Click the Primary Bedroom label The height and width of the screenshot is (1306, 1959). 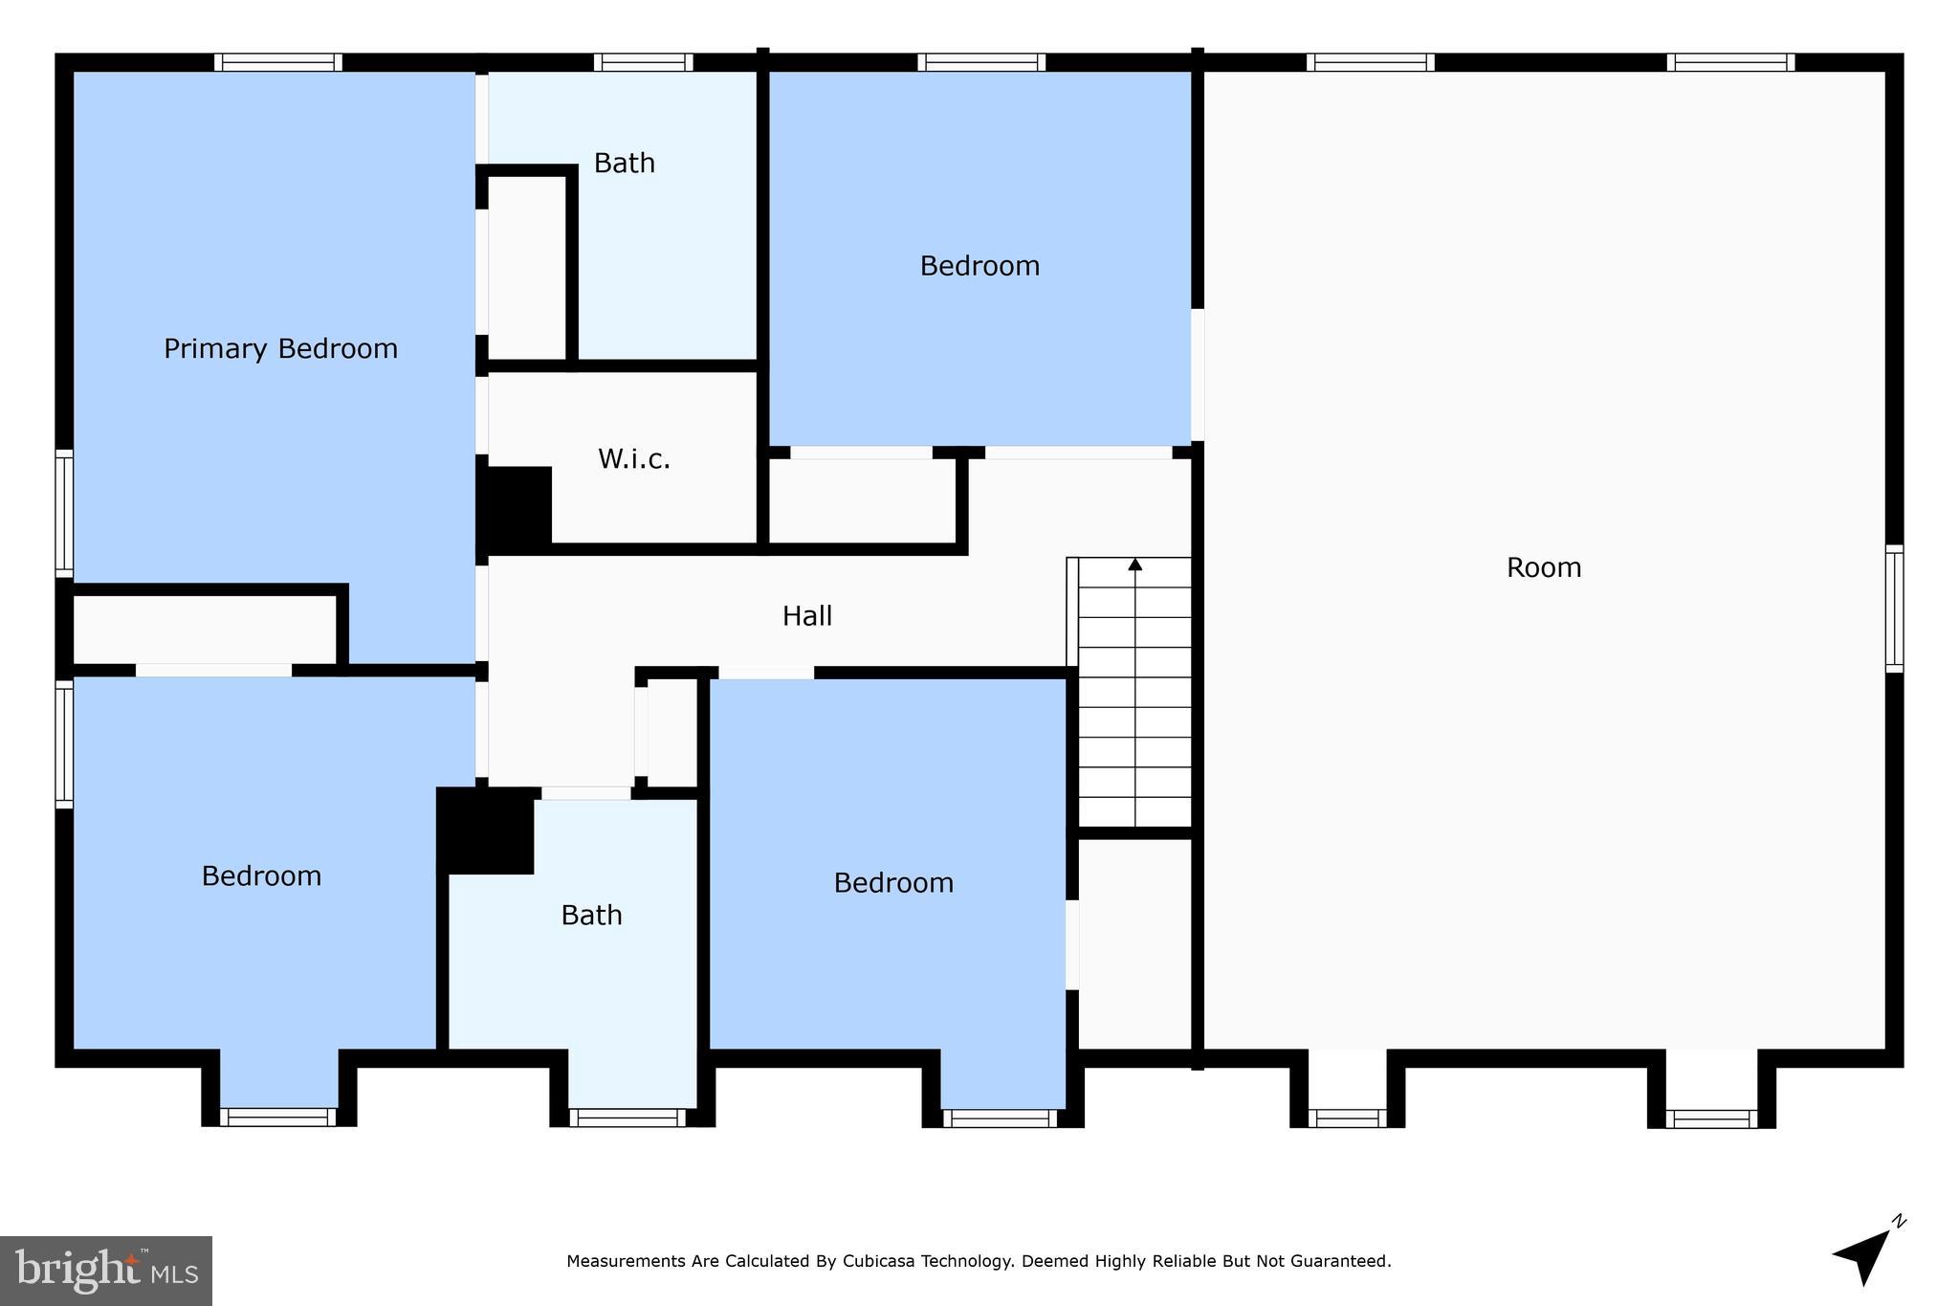point(280,348)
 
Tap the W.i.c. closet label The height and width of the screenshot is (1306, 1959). point(633,459)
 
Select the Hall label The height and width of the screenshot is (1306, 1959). point(806,616)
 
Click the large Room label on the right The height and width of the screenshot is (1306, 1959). point(1543,567)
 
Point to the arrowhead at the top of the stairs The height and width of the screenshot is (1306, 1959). point(1134,564)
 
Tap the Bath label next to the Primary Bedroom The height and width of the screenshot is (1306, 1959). point(624,163)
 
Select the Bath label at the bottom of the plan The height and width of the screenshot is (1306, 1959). point(591,916)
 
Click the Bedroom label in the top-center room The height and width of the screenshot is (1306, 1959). point(979,266)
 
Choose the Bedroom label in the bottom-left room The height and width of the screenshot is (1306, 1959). point(261,876)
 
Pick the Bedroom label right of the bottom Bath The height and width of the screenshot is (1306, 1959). point(892,883)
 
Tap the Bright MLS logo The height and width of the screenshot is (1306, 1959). point(105,1271)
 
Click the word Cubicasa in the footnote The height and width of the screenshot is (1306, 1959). point(878,1261)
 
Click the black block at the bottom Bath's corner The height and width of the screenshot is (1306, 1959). point(486,830)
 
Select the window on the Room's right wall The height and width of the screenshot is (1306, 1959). point(1893,609)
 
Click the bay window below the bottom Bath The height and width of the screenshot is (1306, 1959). point(627,1117)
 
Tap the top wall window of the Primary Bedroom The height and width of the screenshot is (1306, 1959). point(277,62)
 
